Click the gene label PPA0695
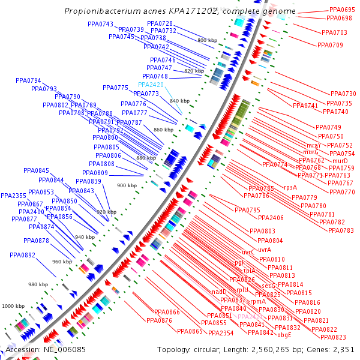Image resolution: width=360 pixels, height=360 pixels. [x=342, y=10]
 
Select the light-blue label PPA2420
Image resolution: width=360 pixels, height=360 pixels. [x=151, y=85]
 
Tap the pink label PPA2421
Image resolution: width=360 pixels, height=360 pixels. [x=250, y=316]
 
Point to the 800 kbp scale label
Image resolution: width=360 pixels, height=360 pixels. [x=207, y=40]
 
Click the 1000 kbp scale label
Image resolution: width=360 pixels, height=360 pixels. [x=13, y=306]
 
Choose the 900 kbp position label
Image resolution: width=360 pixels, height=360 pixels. [x=126, y=185]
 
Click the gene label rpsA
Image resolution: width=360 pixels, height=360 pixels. [x=290, y=188]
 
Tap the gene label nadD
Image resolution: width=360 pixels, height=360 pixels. [x=219, y=292]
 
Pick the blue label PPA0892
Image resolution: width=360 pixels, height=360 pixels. [x=22, y=255]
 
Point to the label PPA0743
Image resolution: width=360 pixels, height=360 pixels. [x=100, y=24]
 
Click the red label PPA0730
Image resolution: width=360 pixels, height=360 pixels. [x=343, y=94]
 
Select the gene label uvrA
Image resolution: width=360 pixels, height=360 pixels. [x=265, y=250]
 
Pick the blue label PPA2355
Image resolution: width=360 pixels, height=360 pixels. [x=13, y=196]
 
